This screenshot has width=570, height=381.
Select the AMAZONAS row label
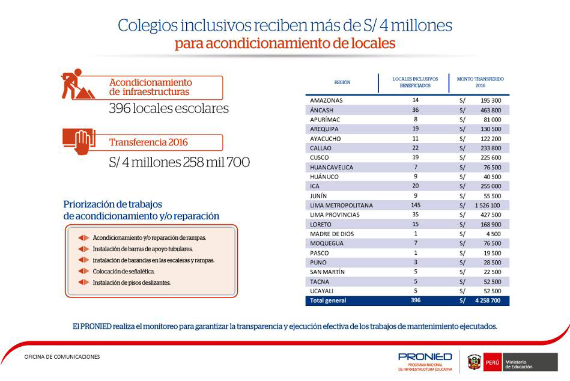[x=326, y=100]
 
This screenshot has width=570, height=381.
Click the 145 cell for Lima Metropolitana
[x=415, y=205]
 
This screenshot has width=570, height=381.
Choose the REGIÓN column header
[x=342, y=82]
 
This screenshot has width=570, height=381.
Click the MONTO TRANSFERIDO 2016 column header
[x=480, y=82]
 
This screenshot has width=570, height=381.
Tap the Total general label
[x=328, y=300]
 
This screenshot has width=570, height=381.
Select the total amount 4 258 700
[x=488, y=300]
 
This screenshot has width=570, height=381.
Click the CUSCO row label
[x=320, y=157]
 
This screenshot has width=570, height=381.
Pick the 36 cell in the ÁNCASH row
[x=415, y=110]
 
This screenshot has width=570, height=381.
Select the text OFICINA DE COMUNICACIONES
[x=62, y=357]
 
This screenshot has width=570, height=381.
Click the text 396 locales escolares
[x=169, y=109]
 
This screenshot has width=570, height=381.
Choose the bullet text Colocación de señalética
[x=124, y=271]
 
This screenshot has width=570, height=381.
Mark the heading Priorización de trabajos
[x=113, y=204]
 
